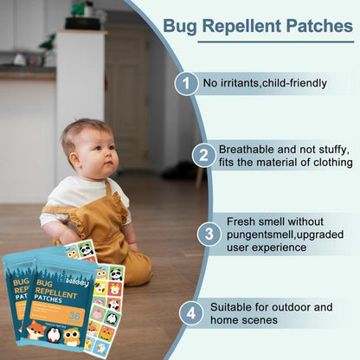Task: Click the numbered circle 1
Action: pyautogui.click(x=186, y=83)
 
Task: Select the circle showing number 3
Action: pyautogui.click(x=209, y=234)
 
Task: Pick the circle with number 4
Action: pyautogui.click(x=190, y=313)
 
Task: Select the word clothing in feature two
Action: pyautogui.click(x=328, y=162)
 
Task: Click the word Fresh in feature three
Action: pyautogui.click(x=243, y=221)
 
